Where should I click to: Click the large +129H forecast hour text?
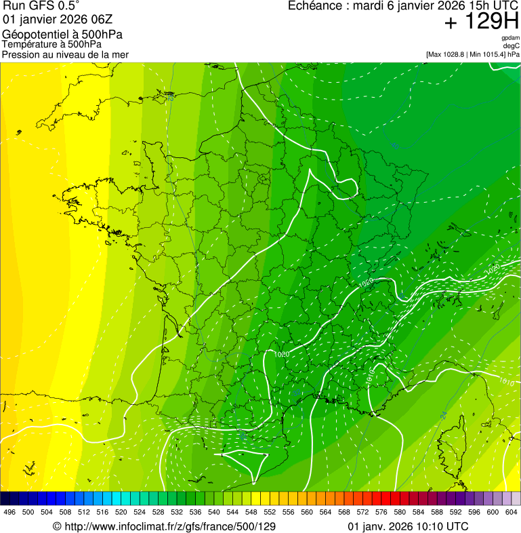point(481,22)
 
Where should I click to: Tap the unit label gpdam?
point(510,38)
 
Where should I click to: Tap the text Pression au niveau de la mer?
point(65,54)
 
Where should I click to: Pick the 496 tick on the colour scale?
point(9,513)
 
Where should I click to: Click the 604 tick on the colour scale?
point(512,513)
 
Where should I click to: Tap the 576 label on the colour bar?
point(382,513)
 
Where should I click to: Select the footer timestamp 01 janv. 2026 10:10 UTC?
point(407,526)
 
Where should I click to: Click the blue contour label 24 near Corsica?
point(444,415)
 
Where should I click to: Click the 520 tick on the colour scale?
point(121,513)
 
